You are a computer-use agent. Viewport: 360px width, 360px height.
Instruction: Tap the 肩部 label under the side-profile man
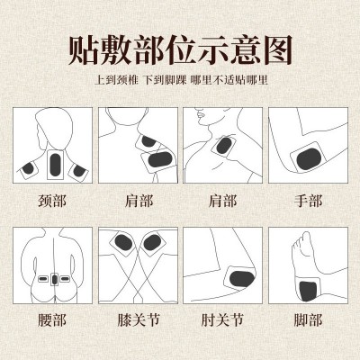(222, 201)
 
